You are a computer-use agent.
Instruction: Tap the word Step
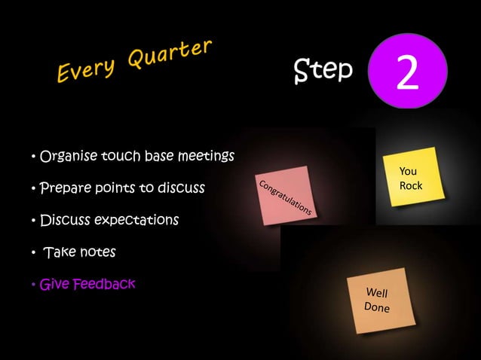click(x=323, y=70)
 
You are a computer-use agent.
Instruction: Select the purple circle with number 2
click(x=407, y=73)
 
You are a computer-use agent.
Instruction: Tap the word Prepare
click(x=64, y=188)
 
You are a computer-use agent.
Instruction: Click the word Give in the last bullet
click(x=53, y=285)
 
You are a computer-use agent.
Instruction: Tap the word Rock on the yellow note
click(x=411, y=185)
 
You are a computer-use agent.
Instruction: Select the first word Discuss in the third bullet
click(x=65, y=221)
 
